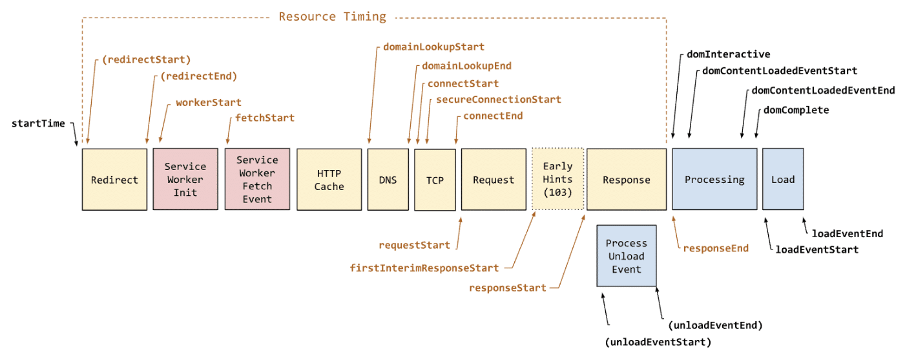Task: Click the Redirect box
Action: tap(114, 180)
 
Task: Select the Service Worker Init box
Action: tap(185, 180)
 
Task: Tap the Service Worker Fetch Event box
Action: tap(257, 180)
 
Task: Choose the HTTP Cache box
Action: tap(329, 180)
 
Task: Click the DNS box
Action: tap(388, 180)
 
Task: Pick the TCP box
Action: tap(435, 180)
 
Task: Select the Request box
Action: tap(494, 180)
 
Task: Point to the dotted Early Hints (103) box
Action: tap(557, 180)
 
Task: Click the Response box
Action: tap(626, 180)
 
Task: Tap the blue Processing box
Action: tap(714, 180)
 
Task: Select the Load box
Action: tap(782, 180)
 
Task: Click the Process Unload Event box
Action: tap(626, 256)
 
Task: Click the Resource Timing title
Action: tap(332, 17)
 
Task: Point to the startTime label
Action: tap(38, 123)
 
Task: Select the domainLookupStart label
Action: tap(433, 47)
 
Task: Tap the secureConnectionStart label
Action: tap(499, 100)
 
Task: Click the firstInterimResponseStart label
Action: tap(424, 268)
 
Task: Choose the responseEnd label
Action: tap(716, 248)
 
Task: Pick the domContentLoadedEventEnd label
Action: tap(823, 90)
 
